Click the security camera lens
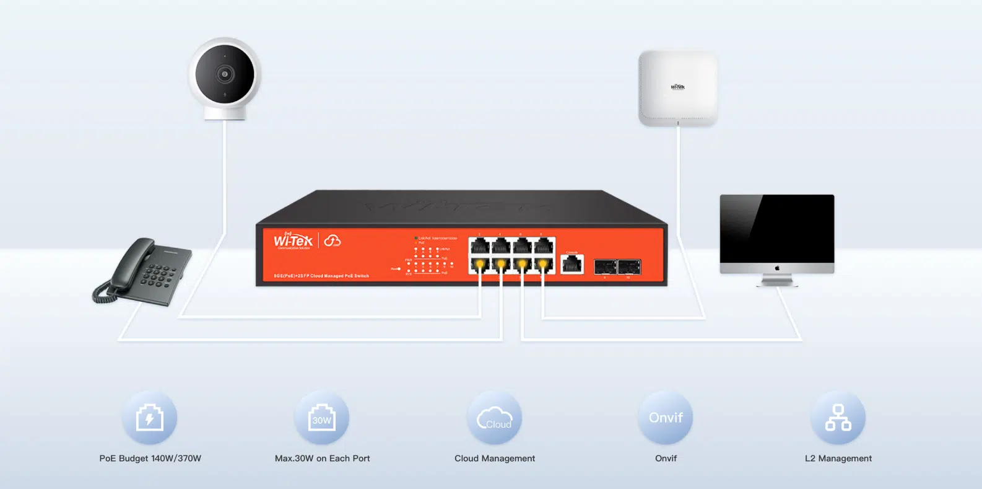(224, 74)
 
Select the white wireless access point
(678, 88)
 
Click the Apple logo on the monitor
(777, 268)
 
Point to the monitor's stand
(777, 281)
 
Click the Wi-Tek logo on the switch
(293, 240)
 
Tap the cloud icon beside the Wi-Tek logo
(332, 240)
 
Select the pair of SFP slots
(617, 267)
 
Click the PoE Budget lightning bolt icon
(150, 418)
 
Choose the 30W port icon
(322, 418)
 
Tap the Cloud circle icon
(494, 418)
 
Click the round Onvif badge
(666, 418)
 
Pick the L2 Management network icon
(838, 418)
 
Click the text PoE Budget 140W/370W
(150, 459)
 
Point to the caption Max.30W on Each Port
(322, 459)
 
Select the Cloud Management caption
(494, 459)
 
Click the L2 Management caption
(838, 459)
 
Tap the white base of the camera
(225, 113)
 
